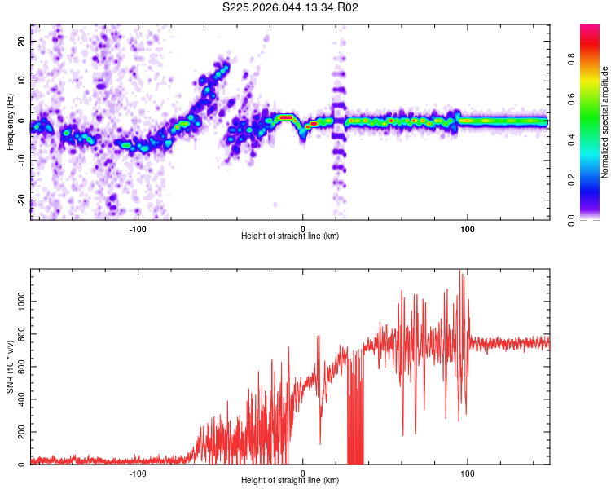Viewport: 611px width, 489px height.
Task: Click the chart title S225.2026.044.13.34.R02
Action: [291, 7]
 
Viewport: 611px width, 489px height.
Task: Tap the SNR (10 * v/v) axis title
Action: [10, 367]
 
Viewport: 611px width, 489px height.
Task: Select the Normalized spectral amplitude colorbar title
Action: [605, 122]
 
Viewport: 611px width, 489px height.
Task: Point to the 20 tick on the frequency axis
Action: [23, 41]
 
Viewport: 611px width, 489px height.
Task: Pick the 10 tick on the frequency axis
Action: [23, 81]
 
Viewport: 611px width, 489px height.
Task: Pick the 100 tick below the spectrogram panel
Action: [468, 228]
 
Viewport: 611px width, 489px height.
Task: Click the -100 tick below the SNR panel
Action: [137, 473]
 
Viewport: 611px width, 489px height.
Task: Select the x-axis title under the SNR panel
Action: [290, 481]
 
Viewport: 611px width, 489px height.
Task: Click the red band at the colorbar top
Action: [590, 33]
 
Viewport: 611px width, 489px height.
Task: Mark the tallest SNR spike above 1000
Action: [460, 271]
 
